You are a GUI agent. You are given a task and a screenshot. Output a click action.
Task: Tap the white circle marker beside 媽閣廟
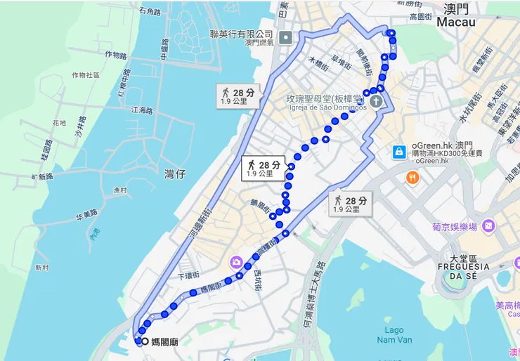(145, 341)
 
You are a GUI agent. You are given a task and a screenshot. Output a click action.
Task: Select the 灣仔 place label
(175, 173)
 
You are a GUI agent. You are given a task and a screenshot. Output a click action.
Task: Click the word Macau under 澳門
(456, 22)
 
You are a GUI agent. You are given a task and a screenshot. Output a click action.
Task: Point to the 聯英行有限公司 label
(241, 33)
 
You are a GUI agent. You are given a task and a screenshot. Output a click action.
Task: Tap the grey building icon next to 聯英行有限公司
(285, 37)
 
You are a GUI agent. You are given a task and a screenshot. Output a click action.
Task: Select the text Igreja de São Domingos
(327, 107)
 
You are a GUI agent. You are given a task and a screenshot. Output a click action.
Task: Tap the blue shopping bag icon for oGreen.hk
(399, 152)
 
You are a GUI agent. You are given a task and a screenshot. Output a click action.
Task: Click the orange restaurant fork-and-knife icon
(412, 178)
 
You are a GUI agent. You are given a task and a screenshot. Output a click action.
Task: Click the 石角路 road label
(150, 12)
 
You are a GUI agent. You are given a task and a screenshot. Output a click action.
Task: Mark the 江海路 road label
(141, 110)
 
